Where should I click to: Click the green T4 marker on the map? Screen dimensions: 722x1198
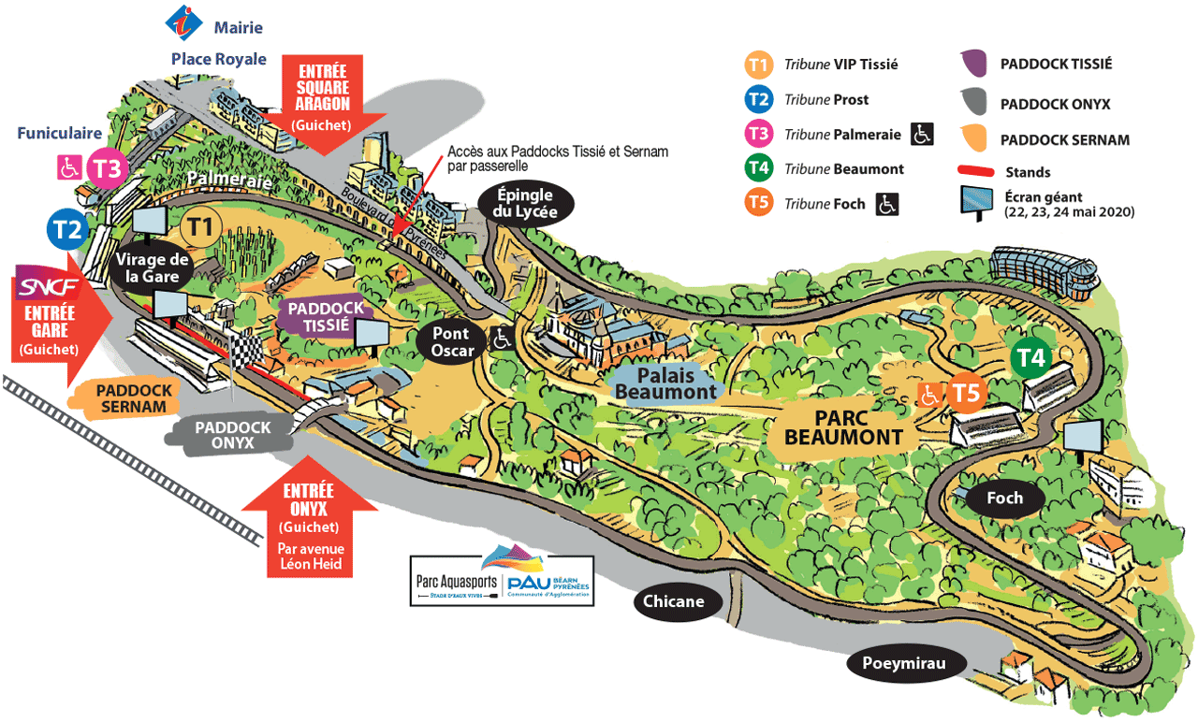[x=1031, y=358]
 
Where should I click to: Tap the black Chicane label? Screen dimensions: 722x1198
[x=674, y=601]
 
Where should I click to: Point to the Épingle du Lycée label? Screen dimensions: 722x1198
[x=525, y=202]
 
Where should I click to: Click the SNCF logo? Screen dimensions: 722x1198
[x=48, y=285]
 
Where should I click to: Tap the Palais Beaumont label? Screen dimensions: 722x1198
[x=665, y=383]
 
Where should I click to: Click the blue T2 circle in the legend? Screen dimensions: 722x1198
[x=758, y=99]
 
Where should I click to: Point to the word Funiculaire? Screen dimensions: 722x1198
[x=59, y=134]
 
